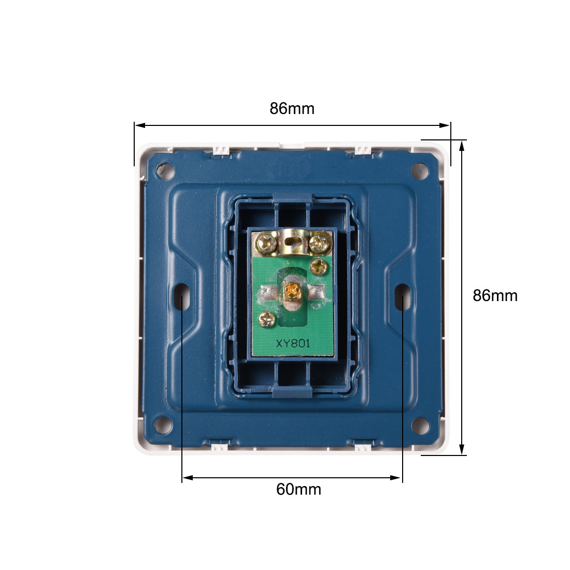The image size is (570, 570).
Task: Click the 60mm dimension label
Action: pyautogui.click(x=298, y=489)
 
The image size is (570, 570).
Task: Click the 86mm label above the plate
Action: pyautogui.click(x=292, y=108)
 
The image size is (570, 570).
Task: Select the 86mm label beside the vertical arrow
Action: pyautogui.click(x=495, y=295)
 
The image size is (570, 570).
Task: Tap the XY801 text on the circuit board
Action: pyautogui.click(x=293, y=344)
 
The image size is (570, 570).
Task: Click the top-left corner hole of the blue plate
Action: pyautogui.click(x=165, y=170)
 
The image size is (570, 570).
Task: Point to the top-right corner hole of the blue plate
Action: pyautogui.click(x=420, y=170)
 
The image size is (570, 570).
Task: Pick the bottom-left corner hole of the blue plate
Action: pyautogui.click(x=163, y=424)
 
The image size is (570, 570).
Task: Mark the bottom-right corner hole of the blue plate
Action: pyautogui.click(x=420, y=424)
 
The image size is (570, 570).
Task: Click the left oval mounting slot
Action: pyautogui.click(x=181, y=296)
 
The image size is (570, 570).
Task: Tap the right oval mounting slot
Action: pyautogui.click(x=403, y=296)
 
